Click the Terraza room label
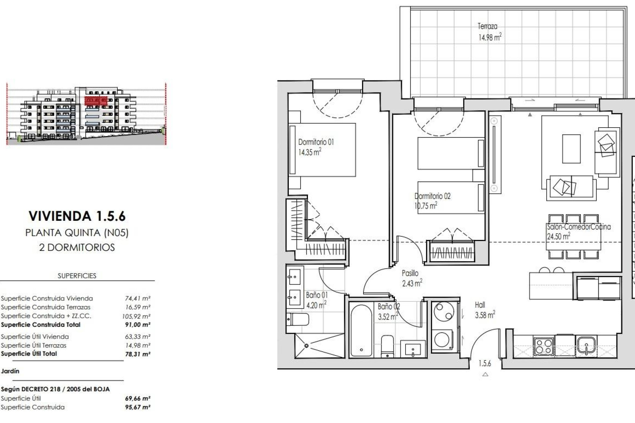[x=487, y=26]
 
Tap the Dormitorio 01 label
[x=316, y=142]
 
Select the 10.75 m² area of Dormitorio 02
[x=426, y=206]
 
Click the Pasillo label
[x=410, y=273]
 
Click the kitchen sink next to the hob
[x=586, y=346]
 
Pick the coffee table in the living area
[x=571, y=149]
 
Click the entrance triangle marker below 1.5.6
[x=485, y=374]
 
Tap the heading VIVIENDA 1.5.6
[x=77, y=216]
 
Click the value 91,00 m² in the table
[x=138, y=325]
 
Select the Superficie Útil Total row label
[x=29, y=354]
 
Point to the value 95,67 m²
[x=138, y=407]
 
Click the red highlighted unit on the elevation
[x=96, y=100]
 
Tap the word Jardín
[x=10, y=371]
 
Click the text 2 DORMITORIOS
[x=77, y=248]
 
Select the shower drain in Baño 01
[x=307, y=346]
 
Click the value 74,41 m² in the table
[x=138, y=298]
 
